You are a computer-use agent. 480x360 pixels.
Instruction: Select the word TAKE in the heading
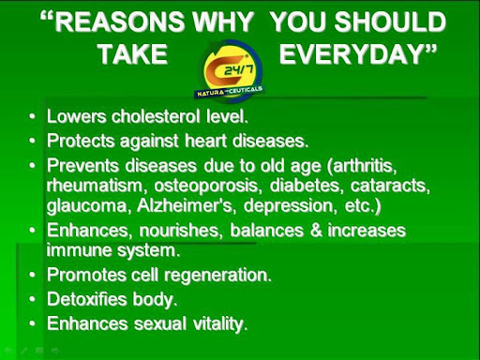(x=133, y=54)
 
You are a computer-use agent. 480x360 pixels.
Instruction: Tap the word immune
(x=79, y=249)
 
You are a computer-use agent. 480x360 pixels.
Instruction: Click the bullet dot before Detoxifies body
(x=32, y=301)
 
